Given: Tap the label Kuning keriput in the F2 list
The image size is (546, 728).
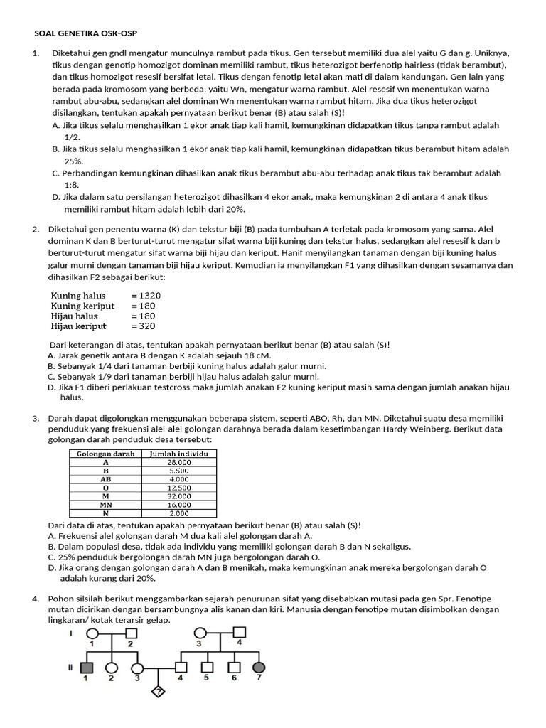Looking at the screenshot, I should tap(82, 306).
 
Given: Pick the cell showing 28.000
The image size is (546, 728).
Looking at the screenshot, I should tap(178, 462).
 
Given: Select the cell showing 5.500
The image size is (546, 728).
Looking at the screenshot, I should tap(178, 471).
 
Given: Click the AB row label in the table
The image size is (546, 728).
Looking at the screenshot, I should tap(106, 479).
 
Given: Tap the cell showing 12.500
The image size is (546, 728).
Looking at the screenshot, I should tap(178, 488).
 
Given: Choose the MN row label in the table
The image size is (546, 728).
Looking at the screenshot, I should tap(106, 505).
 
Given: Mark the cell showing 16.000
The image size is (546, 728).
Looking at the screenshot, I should tap(178, 505).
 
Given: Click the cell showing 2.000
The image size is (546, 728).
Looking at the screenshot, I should tap(178, 513).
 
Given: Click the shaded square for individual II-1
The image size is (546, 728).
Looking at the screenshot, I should tap(87, 668).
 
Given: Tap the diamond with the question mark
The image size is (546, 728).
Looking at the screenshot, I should tap(159, 692).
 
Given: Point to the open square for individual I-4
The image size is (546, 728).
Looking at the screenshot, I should tap(240, 631).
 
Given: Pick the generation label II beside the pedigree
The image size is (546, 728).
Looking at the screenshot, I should tap(70, 668).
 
